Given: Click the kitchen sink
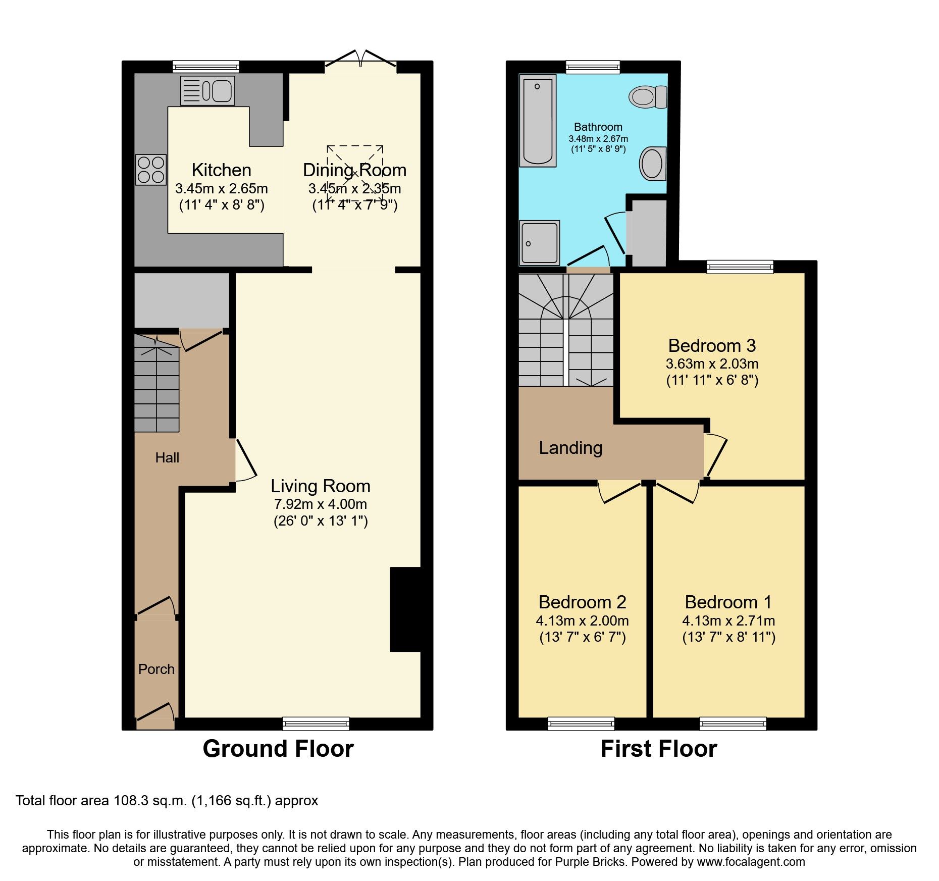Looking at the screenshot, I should [x=207, y=91].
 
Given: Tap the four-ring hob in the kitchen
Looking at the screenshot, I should [x=151, y=170].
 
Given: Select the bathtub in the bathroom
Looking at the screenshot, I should [x=538, y=121].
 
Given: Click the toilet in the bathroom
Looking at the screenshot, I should [x=648, y=96].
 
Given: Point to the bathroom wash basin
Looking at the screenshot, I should [x=653, y=164].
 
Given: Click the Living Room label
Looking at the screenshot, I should [x=321, y=486].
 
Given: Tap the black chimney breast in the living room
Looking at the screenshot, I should [x=405, y=609].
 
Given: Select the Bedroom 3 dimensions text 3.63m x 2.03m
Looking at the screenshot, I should [x=712, y=364].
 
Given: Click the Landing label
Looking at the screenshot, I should [x=570, y=448].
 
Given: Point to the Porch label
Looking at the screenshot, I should [x=156, y=669].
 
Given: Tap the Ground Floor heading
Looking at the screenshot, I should [x=278, y=748].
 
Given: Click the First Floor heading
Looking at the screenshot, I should [x=658, y=748].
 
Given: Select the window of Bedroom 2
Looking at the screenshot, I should [x=581, y=723].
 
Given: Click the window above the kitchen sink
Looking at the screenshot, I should [x=205, y=66].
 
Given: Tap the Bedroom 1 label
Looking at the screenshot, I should [x=728, y=602].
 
